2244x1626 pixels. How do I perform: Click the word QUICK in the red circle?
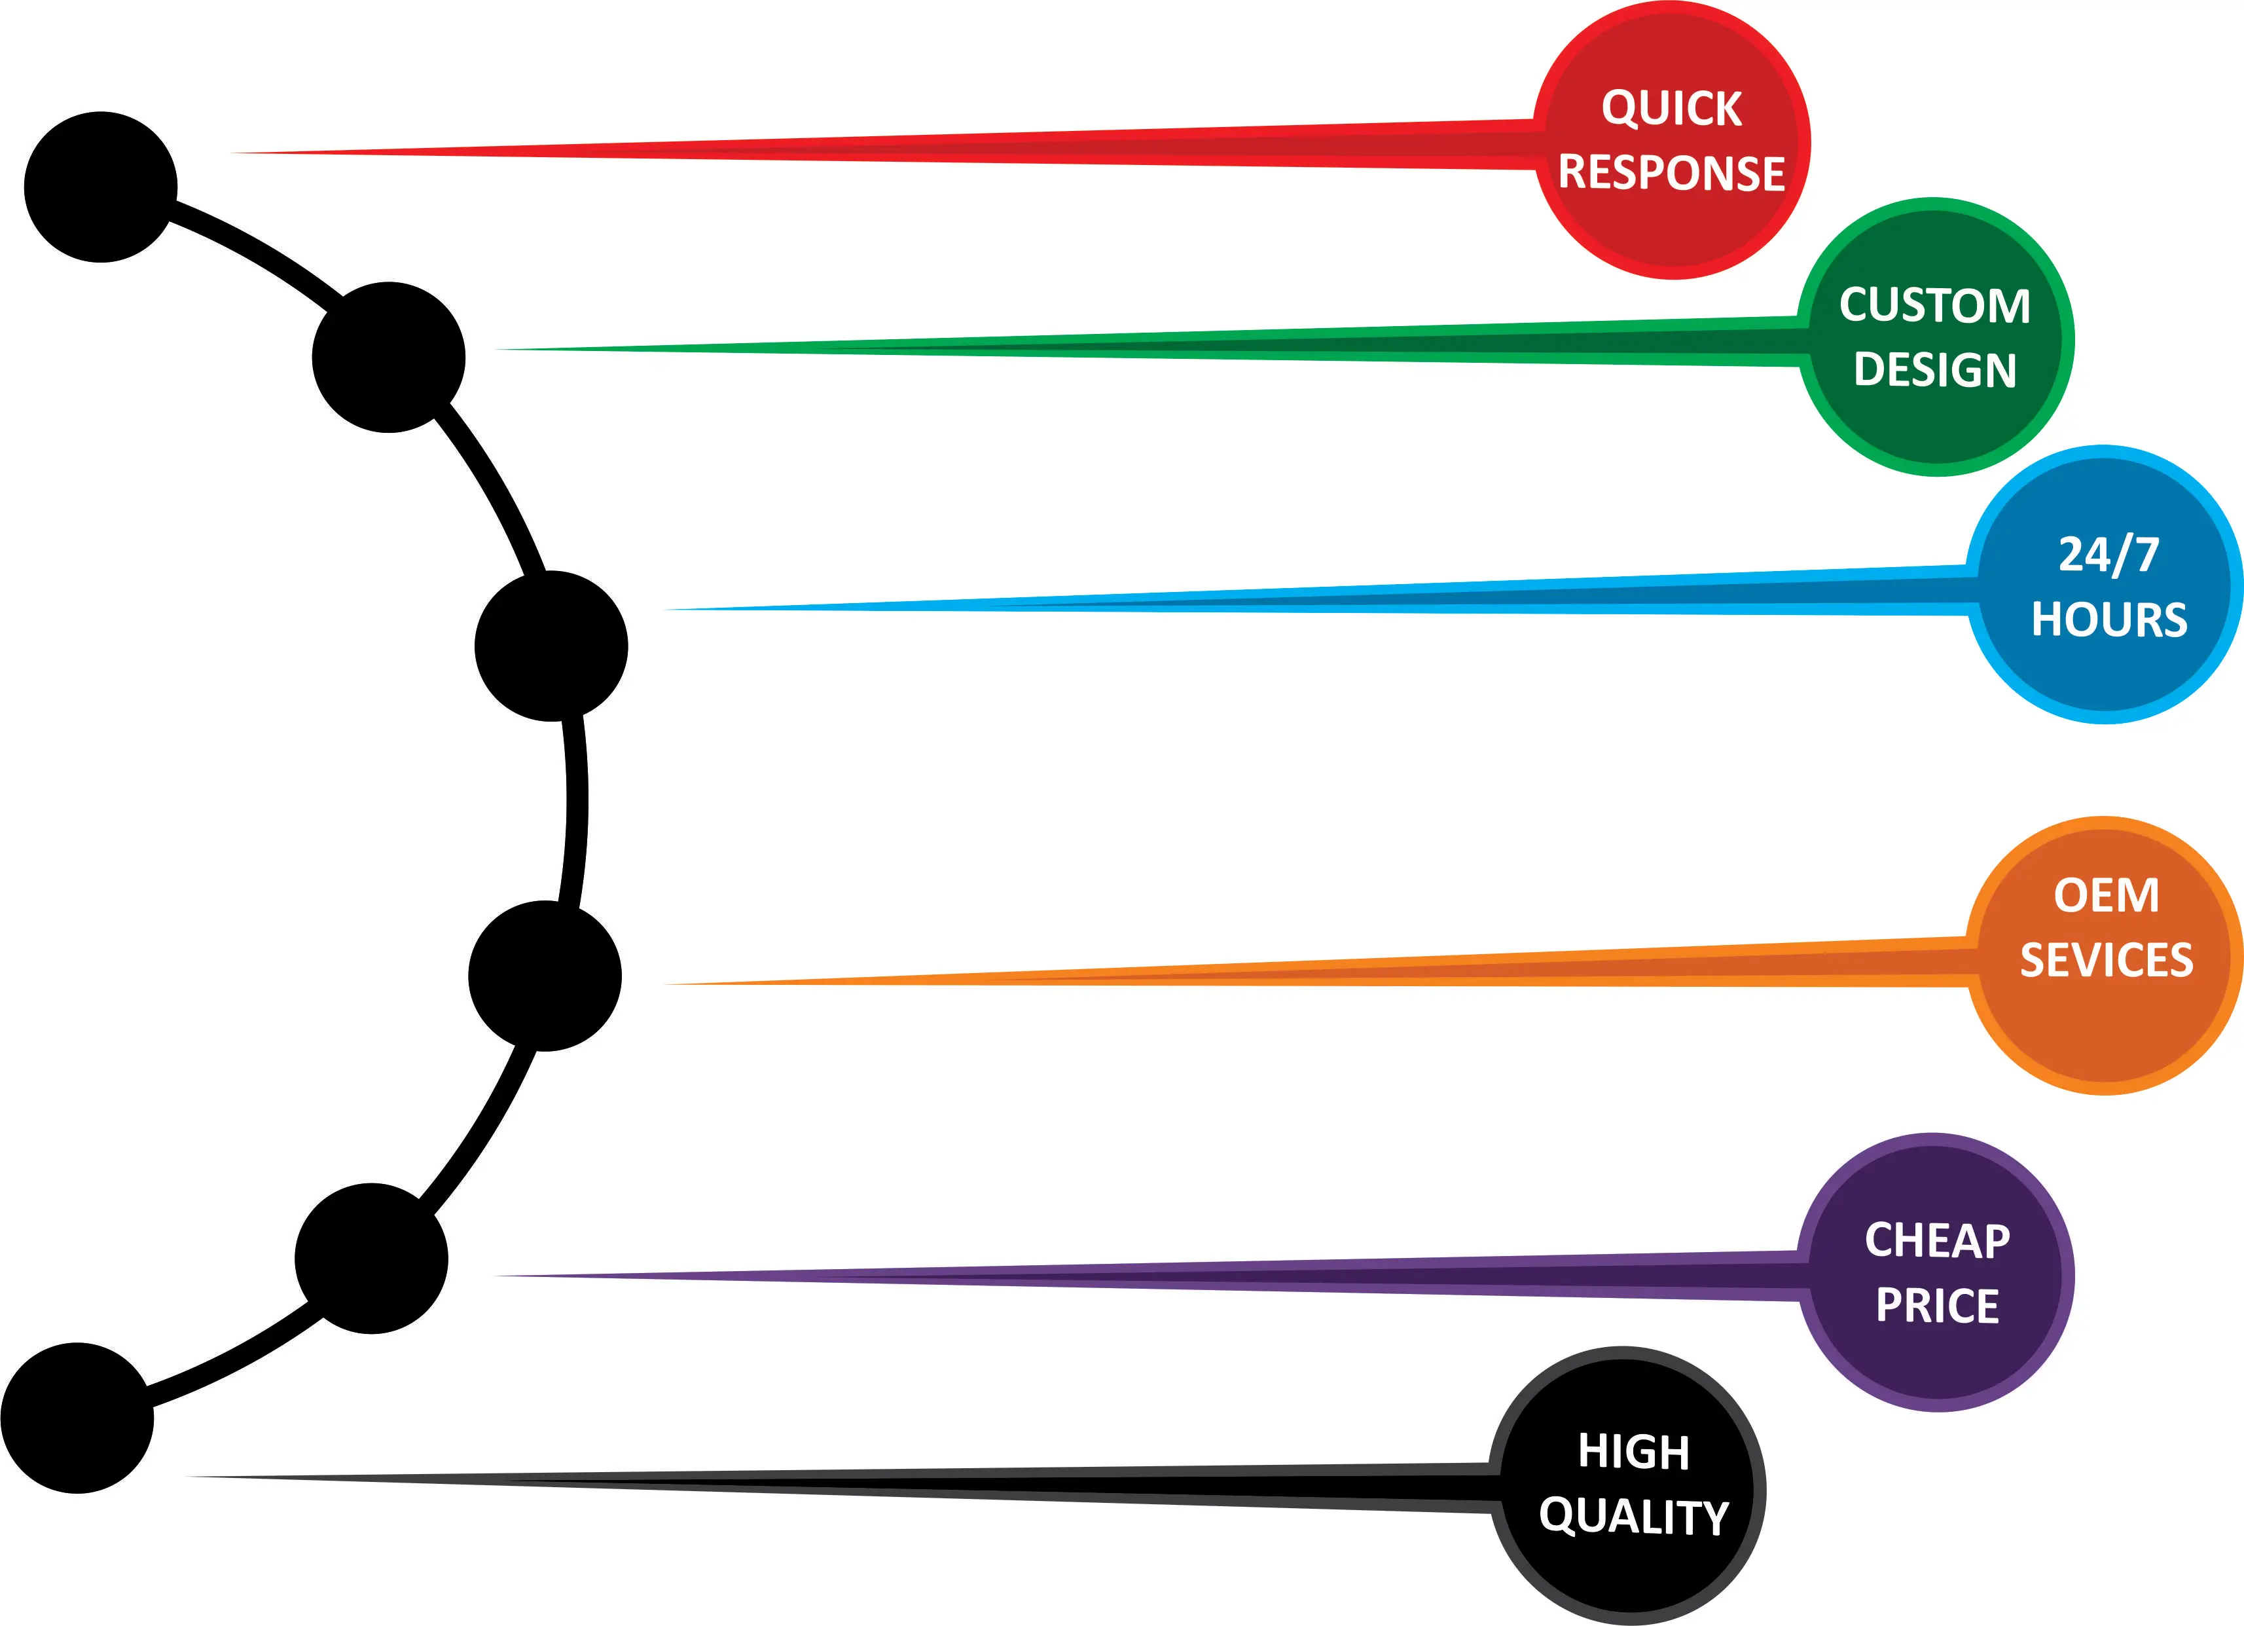click(1671, 108)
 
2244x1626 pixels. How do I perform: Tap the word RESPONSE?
click(1671, 172)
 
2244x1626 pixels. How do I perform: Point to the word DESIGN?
click(1934, 370)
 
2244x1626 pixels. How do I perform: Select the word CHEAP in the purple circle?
click(1937, 1240)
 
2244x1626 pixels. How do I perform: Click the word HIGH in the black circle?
click(1633, 1452)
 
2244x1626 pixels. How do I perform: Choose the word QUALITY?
click(1633, 1517)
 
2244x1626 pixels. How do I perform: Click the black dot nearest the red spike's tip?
click(101, 187)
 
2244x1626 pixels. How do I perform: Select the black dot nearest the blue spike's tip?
click(551, 646)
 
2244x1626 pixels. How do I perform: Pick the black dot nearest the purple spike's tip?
click(371, 1259)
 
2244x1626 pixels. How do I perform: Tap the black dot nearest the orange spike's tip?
click(544, 976)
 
